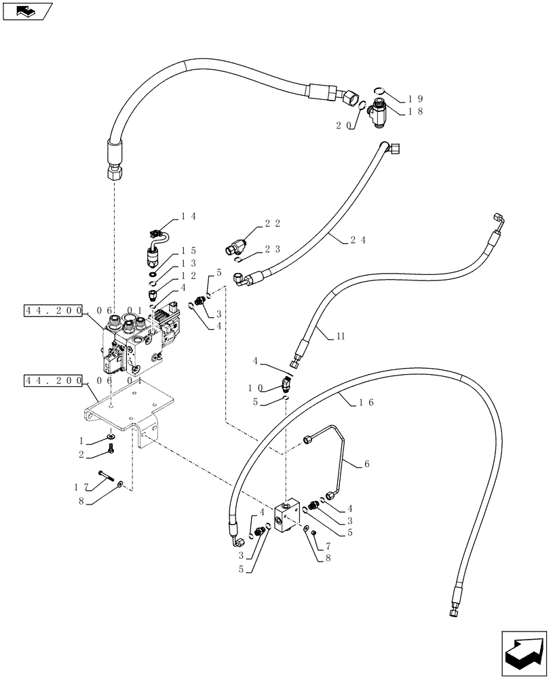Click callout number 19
tap(414, 98)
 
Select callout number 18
tap(414, 112)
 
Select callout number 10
tap(256, 388)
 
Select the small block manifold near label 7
tap(288, 517)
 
